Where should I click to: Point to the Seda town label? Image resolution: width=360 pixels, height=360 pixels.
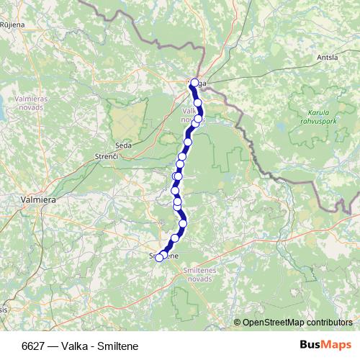pos(123,145)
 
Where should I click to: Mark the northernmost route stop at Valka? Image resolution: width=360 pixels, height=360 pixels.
pos(194,83)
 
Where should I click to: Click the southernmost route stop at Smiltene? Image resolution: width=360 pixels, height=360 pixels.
pos(159,257)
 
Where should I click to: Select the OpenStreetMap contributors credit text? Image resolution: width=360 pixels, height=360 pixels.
pos(297,323)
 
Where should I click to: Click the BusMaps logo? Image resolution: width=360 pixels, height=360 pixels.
pos(325,346)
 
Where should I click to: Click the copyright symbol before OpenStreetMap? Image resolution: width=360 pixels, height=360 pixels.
pos(238,323)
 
